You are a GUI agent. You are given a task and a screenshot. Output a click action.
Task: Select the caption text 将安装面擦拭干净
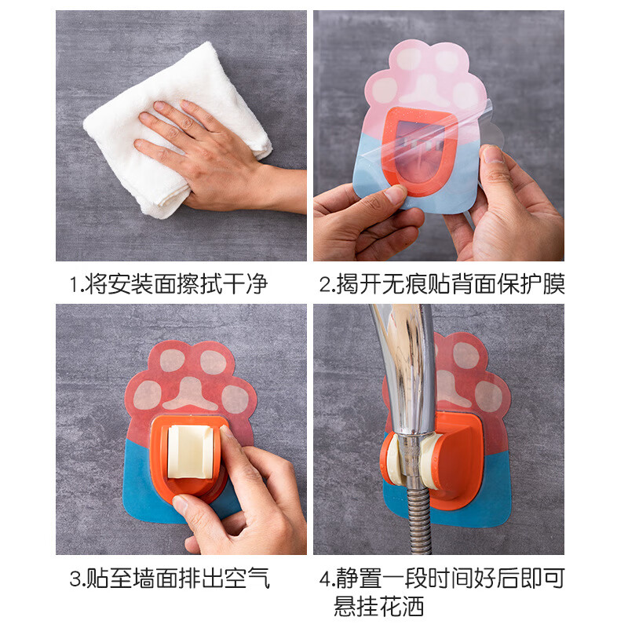[176, 283]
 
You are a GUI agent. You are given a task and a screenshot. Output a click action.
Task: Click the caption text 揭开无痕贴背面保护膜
[451, 283]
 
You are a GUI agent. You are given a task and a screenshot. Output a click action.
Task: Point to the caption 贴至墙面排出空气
[177, 579]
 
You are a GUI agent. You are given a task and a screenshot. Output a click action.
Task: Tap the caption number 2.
[325, 284]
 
